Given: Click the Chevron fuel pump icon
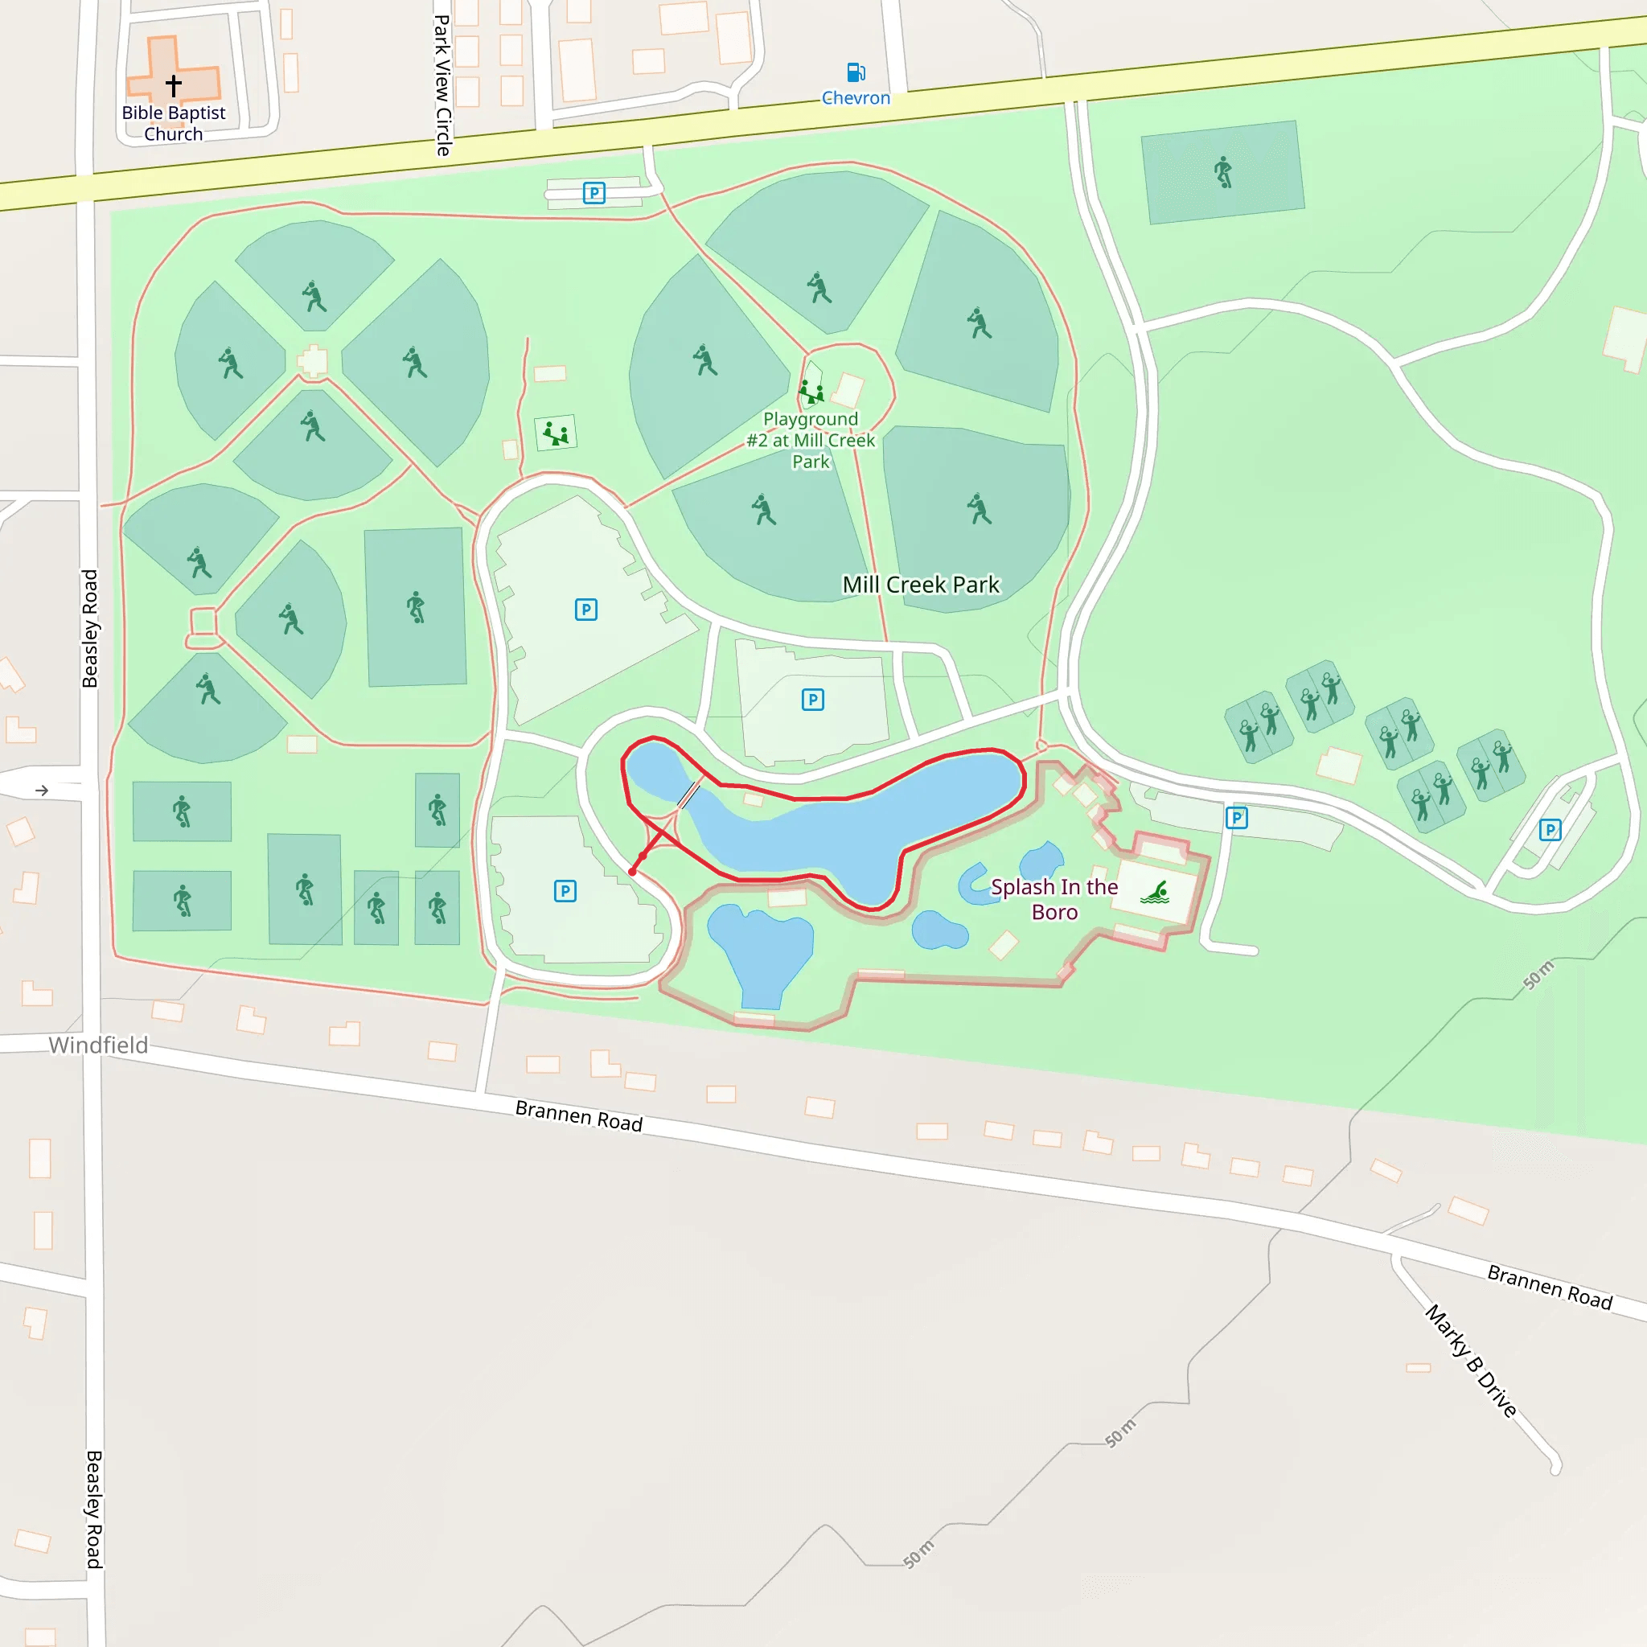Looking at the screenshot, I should click(x=855, y=72).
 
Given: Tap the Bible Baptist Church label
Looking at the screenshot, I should click(x=173, y=123).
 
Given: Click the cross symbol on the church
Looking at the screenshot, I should click(x=173, y=85).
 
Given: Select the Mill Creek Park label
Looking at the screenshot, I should click(x=921, y=585).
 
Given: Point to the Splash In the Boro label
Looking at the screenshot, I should click(x=1054, y=899).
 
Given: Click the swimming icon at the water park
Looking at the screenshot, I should click(x=1156, y=893).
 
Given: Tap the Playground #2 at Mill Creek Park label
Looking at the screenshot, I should click(x=811, y=440).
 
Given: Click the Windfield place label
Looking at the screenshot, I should click(x=98, y=1045).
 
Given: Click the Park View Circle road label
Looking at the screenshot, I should click(x=442, y=85).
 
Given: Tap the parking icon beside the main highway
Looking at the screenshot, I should click(x=594, y=194).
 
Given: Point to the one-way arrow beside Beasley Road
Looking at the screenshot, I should click(x=42, y=791).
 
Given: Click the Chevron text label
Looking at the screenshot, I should click(x=856, y=98).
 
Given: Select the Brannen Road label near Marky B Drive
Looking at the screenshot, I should click(x=1550, y=1288).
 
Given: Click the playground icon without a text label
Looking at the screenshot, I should click(x=556, y=433).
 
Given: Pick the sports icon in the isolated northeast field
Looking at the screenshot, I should click(x=1223, y=172).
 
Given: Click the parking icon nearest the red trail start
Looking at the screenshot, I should click(x=565, y=892).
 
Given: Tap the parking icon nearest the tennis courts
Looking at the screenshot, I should click(x=1550, y=830).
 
